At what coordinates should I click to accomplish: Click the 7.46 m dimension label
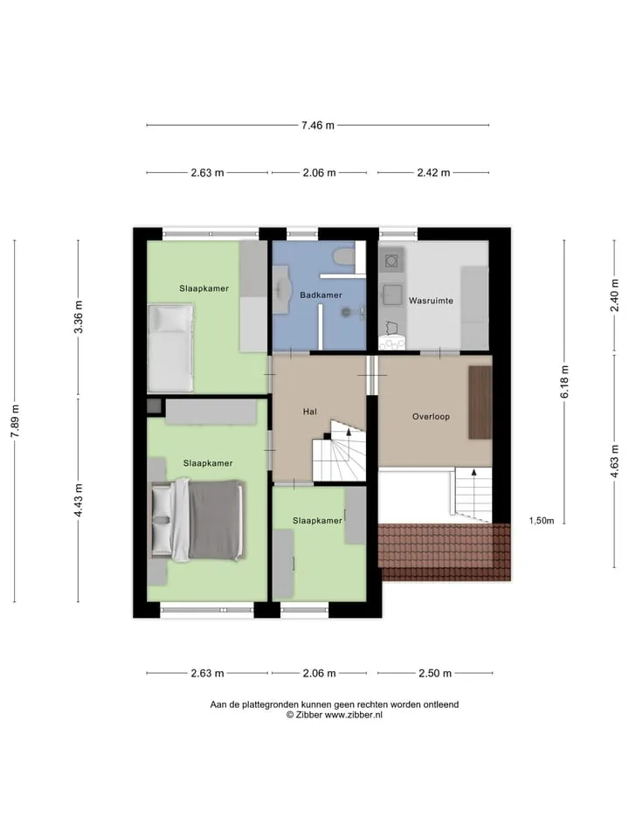coord(318,125)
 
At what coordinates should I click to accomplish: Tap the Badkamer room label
coord(321,295)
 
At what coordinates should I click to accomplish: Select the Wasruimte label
coord(431,301)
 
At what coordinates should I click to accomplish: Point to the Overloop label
coord(431,416)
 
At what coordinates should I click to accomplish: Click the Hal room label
coord(309,412)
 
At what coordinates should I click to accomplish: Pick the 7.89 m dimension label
coord(15,420)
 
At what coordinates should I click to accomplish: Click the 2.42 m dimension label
coord(434,172)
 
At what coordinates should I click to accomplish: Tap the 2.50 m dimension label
coord(435,673)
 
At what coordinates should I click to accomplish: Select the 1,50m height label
coord(542,521)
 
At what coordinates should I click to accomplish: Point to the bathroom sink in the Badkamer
coord(281,289)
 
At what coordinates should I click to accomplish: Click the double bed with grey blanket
coord(198,520)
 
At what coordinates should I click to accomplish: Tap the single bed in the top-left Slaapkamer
coord(170,348)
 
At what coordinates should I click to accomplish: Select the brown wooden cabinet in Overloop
coord(480,402)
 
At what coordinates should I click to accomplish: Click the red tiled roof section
coord(445,551)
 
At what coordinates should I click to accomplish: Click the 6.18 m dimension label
coord(565,382)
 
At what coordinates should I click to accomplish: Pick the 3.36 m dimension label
coord(79,316)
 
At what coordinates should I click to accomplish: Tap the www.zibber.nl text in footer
coord(354,715)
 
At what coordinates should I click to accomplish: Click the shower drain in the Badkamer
coord(346,311)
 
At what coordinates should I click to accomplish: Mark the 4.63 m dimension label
coord(614,461)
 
